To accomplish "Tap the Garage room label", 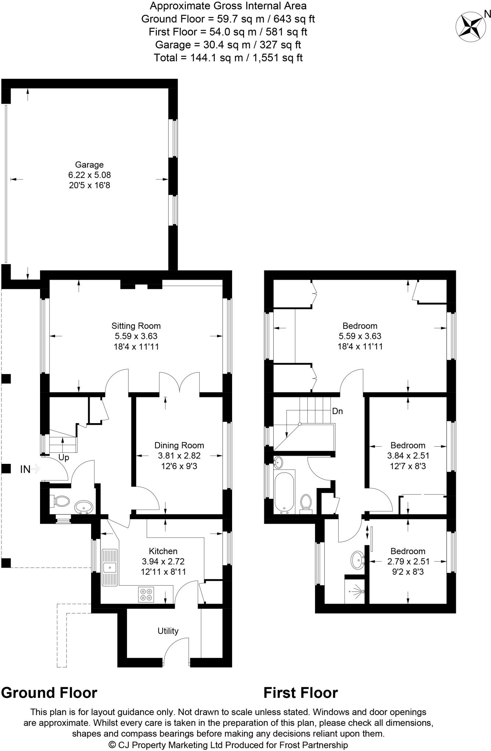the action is click(x=89, y=165).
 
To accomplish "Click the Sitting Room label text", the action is click(x=136, y=326).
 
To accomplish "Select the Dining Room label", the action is click(x=179, y=445).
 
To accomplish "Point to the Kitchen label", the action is click(x=163, y=551).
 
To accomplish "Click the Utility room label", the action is click(x=168, y=631).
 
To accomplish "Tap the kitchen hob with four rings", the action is click(x=146, y=594).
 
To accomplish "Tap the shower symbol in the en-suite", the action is click(x=357, y=591).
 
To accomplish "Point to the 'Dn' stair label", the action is click(x=337, y=411).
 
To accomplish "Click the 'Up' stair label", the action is click(x=64, y=458).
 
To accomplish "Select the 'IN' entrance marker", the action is click(x=25, y=469).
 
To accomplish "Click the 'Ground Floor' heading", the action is click(x=49, y=693).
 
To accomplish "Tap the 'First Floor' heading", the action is click(x=301, y=693).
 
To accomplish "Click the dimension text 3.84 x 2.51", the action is click(x=408, y=456).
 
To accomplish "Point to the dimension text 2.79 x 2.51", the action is click(x=408, y=561).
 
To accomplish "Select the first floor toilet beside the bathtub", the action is click(x=306, y=502).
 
